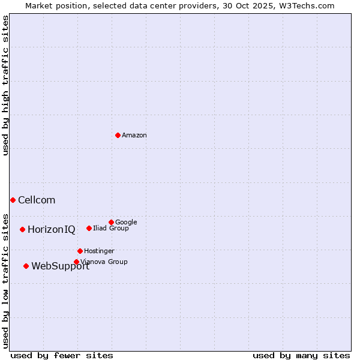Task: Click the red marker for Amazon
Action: tap(118, 135)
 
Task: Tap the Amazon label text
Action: tap(134, 136)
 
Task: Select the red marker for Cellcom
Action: tap(13, 200)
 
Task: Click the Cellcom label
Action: tap(37, 200)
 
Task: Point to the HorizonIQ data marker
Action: tap(22, 229)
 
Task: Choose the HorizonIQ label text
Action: tap(52, 230)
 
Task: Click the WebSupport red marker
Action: tap(26, 266)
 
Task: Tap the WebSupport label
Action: tap(60, 266)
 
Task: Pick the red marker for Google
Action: tap(111, 222)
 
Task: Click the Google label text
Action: tap(126, 223)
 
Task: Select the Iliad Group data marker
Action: tap(89, 228)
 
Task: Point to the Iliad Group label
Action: tap(111, 229)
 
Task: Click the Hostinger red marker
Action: tap(80, 251)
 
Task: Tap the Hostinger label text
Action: tap(99, 251)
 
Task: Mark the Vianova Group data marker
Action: tap(76, 262)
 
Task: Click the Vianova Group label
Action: tap(104, 262)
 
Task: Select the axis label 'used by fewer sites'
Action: tap(62, 356)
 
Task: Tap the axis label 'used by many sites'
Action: tap(301, 356)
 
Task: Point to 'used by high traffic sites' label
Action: tap(6, 85)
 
